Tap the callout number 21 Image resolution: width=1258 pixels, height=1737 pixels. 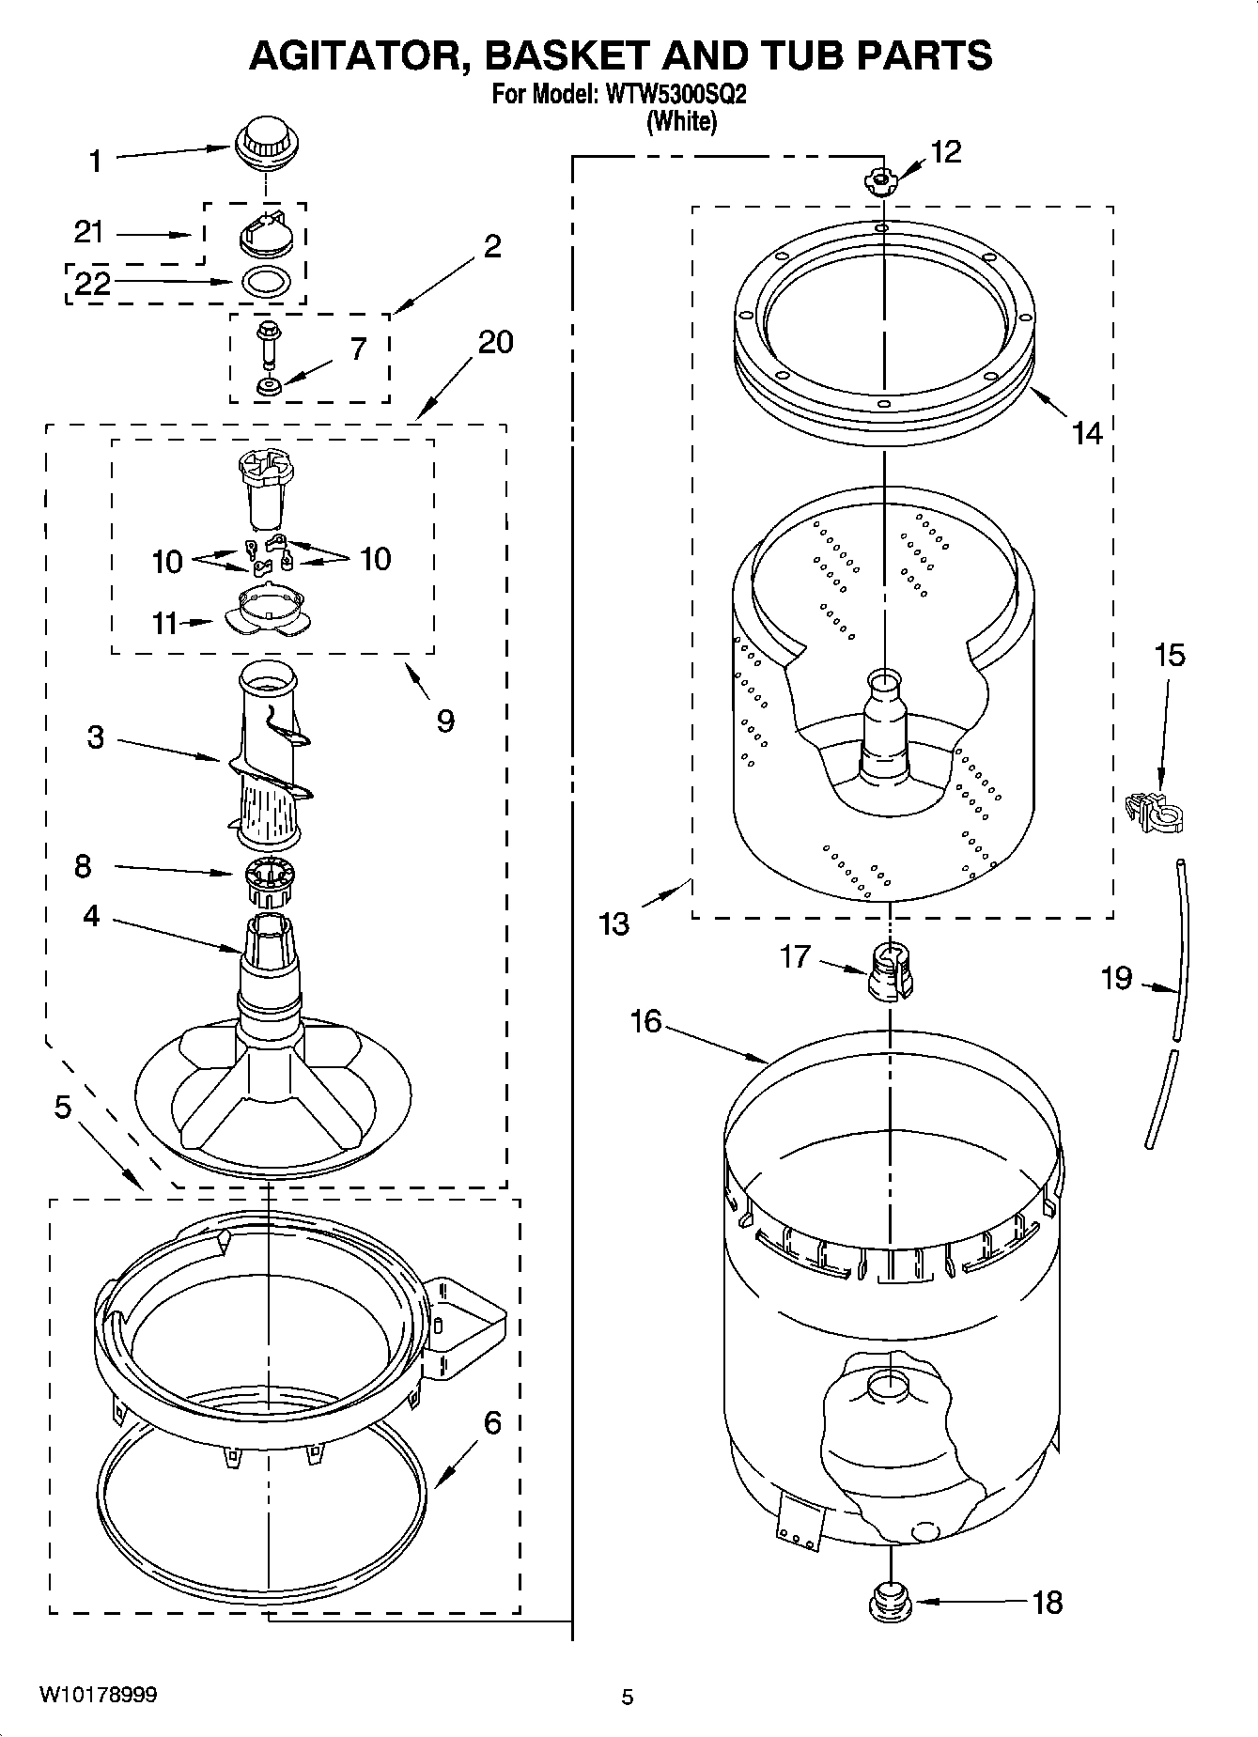[x=90, y=232]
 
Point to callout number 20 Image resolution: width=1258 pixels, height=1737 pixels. [x=495, y=342]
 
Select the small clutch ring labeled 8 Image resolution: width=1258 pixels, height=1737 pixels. [x=270, y=882]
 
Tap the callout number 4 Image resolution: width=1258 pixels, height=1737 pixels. [x=90, y=915]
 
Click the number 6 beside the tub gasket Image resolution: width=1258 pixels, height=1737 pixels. [x=492, y=1422]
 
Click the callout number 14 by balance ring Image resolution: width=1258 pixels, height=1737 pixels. [x=1086, y=433]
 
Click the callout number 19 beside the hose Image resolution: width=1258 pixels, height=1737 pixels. [x=1117, y=979]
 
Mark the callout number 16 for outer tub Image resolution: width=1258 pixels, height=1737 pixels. [x=645, y=1021]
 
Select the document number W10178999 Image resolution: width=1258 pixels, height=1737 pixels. [x=98, y=1695]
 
